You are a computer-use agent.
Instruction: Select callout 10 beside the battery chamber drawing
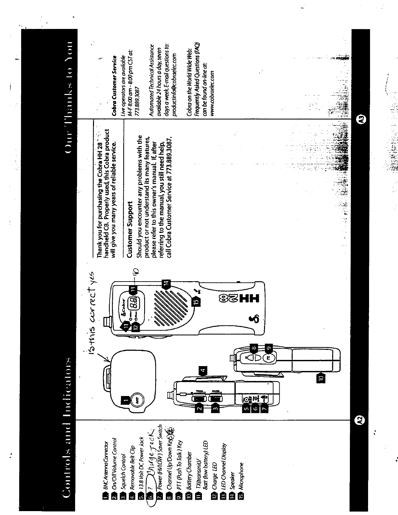(321, 378)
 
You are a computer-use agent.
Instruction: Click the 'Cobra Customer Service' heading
(114, 78)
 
